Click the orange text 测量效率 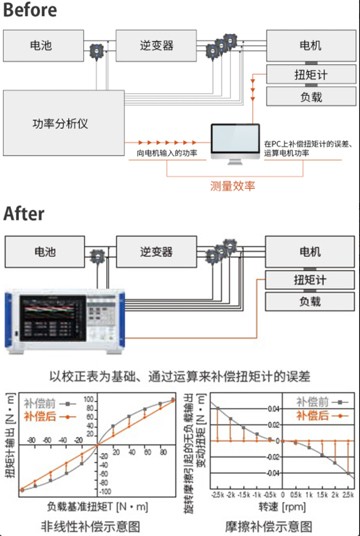(x=233, y=185)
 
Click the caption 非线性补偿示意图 (x=89, y=524)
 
